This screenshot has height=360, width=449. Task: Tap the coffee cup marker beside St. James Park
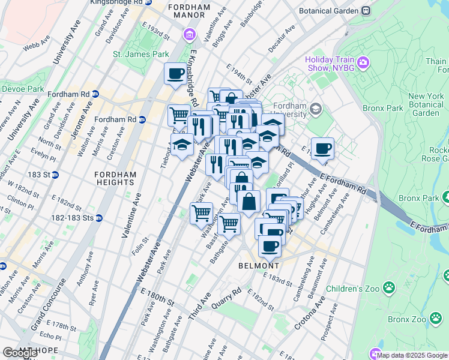click(x=175, y=74)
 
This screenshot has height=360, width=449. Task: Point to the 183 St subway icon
click(x=55, y=175)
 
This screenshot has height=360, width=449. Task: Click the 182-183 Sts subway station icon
click(x=99, y=218)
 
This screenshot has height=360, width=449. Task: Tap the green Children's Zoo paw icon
click(x=390, y=288)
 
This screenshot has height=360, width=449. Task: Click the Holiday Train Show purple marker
click(x=363, y=62)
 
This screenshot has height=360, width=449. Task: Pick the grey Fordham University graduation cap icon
click(x=316, y=109)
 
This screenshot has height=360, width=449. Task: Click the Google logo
click(x=20, y=353)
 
